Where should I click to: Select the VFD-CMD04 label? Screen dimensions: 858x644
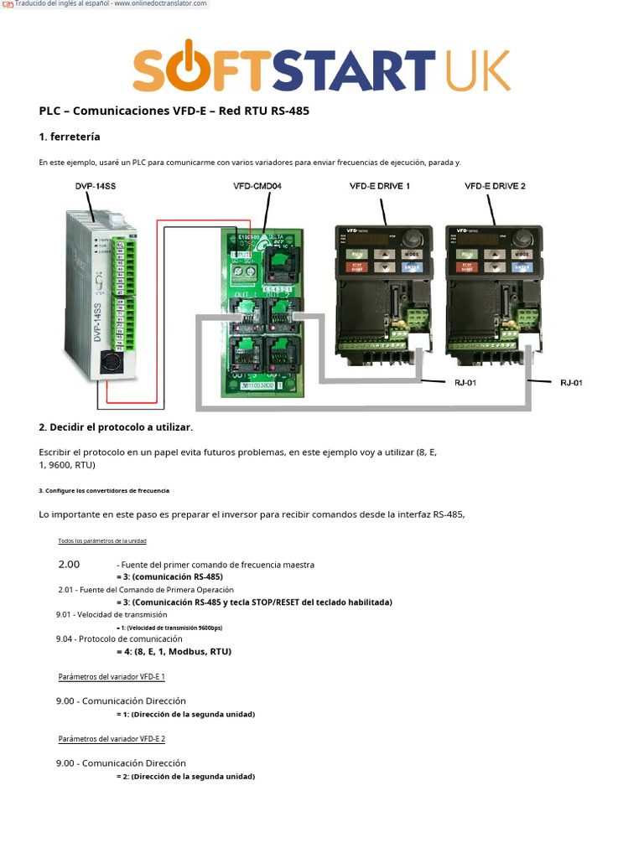pos(257,186)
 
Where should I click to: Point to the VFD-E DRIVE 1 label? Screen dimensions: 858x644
pos(379,186)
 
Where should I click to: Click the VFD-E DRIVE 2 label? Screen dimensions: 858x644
pos(495,186)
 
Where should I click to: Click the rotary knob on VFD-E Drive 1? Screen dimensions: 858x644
pos(413,237)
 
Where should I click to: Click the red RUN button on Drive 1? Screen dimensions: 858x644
pos(356,253)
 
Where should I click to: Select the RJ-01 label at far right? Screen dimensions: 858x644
pos(571,383)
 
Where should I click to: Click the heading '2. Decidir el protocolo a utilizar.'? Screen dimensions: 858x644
pos(116,427)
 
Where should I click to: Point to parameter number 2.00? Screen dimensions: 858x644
pos(69,565)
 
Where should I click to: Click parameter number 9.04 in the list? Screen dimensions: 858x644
pos(66,638)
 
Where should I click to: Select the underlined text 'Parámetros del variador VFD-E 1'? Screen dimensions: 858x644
pos(112,676)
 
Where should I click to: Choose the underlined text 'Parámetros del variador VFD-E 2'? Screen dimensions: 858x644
pos(112,739)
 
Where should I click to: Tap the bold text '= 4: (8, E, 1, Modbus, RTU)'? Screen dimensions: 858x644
pos(174,651)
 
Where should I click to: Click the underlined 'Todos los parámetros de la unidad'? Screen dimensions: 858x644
pos(101,541)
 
